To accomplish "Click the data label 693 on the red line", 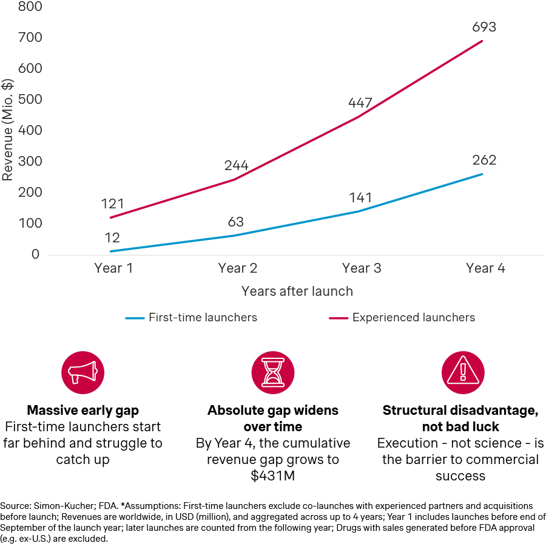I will (x=484, y=27).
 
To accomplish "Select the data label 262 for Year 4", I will (x=484, y=160).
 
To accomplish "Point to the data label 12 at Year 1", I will (x=112, y=237).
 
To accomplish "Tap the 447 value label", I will (x=360, y=103).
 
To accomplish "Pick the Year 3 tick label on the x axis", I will (x=361, y=268).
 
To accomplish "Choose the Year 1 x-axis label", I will (x=113, y=268).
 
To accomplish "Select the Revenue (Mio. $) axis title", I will (x=7, y=129).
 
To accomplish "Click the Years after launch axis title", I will (x=297, y=291).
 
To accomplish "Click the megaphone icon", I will (x=83, y=372).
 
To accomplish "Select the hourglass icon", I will (x=272, y=372).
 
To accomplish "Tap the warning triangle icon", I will (x=462, y=372).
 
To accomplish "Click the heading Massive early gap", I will (x=83, y=411).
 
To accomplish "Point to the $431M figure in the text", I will (x=272, y=476).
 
